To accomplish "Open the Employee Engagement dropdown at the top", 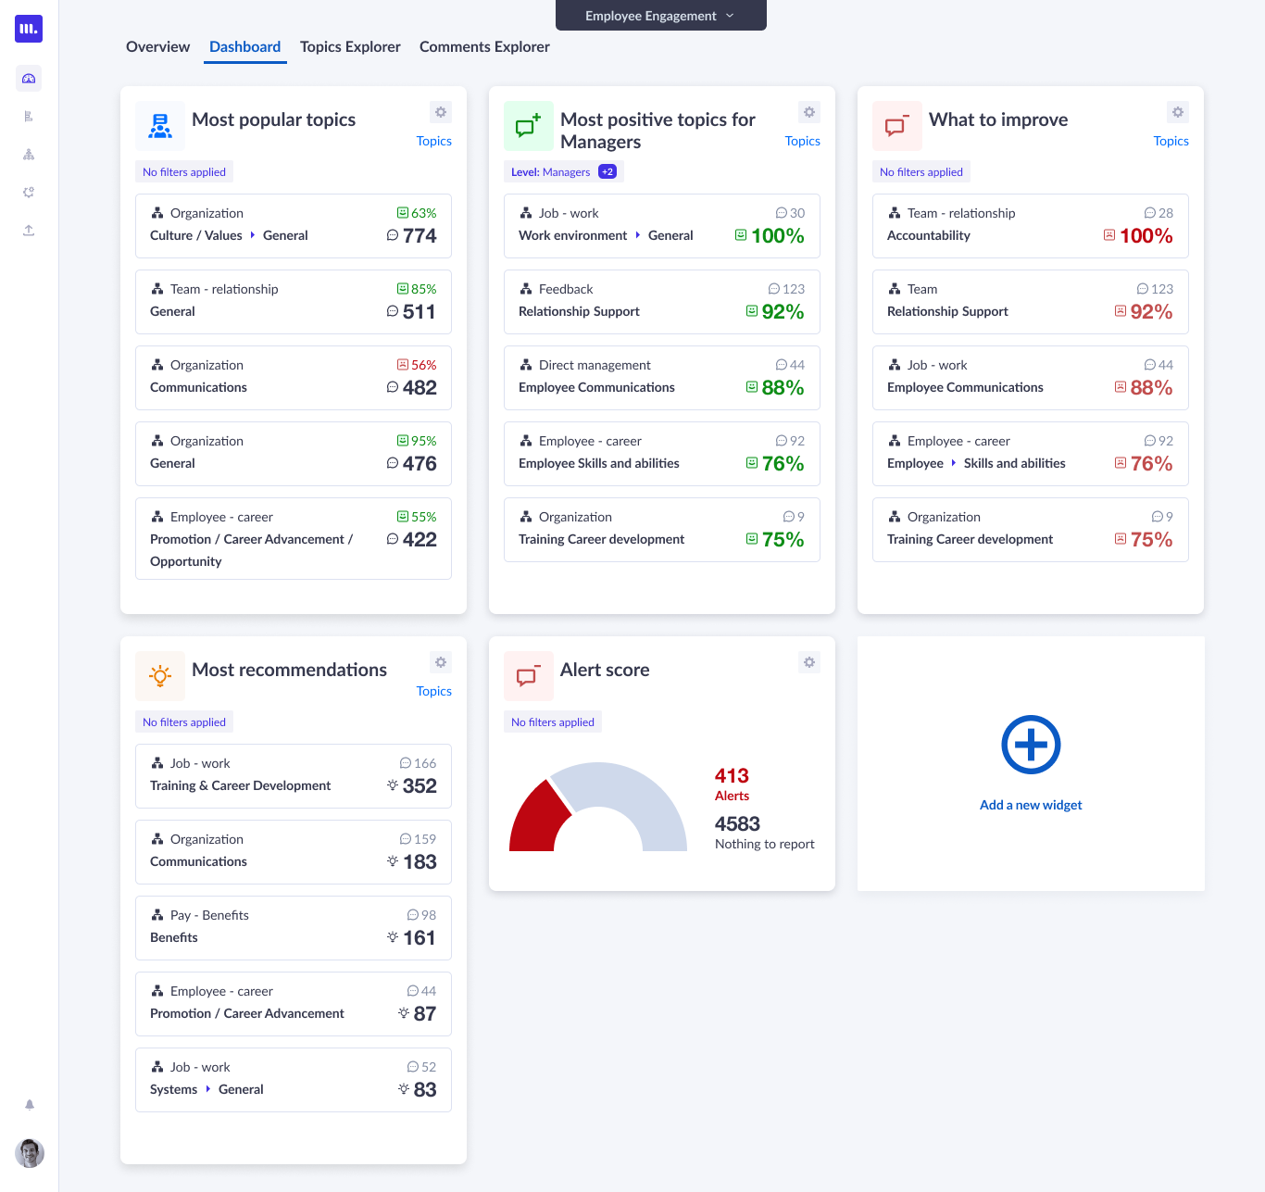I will [x=660, y=16].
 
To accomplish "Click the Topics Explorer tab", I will [x=350, y=46].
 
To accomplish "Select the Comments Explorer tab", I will [x=484, y=46].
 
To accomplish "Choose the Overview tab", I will [x=157, y=46].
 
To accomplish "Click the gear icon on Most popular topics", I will [x=441, y=112].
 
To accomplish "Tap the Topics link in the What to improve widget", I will [x=1171, y=141].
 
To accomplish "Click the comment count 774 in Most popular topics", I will [x=420, y=236].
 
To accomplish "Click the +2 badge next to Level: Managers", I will [x=607, y=171].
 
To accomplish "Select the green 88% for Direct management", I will [x=783, y=388].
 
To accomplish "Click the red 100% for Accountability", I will [x=1146, y=236].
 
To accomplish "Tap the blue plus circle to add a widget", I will [x=1031, y=745].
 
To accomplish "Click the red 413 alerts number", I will [x=732, y=776].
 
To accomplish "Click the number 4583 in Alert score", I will [x=737, y=824].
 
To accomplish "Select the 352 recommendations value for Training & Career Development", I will [x=420, y=786].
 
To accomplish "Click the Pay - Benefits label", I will [x=209, y=915].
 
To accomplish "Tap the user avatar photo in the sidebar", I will [x=30, y=1153].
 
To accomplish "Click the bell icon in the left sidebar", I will [x=30, y=1105].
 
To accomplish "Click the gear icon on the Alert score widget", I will [x=809, y=662].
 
